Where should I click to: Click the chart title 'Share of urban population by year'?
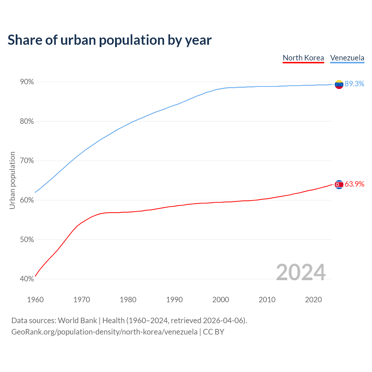click(110, 40)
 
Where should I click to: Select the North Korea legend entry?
click(303, 58)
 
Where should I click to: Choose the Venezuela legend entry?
click(347, 58)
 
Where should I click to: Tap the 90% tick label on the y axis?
click(27, 82)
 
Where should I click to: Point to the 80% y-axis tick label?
click(27, 121)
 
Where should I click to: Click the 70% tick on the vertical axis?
click(27, 161)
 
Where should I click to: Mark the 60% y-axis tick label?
click(27, 200)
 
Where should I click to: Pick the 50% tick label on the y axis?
click(27, 240)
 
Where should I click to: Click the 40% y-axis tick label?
click(27, 279)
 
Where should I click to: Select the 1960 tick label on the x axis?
click(35, 300)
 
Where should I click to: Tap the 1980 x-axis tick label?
click(128, 300)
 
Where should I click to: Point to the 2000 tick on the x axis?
click(221, 300)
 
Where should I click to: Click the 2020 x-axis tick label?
click(313, 300)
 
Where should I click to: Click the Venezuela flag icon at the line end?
click(339, 84)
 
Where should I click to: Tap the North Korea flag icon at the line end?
click(339, 185)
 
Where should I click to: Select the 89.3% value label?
click(354, 84)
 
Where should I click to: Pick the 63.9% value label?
click(354, 184)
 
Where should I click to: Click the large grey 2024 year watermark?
click(301, 272)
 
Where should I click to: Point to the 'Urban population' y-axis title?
click(12, 180)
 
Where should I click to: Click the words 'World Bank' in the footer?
click(77, 321)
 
